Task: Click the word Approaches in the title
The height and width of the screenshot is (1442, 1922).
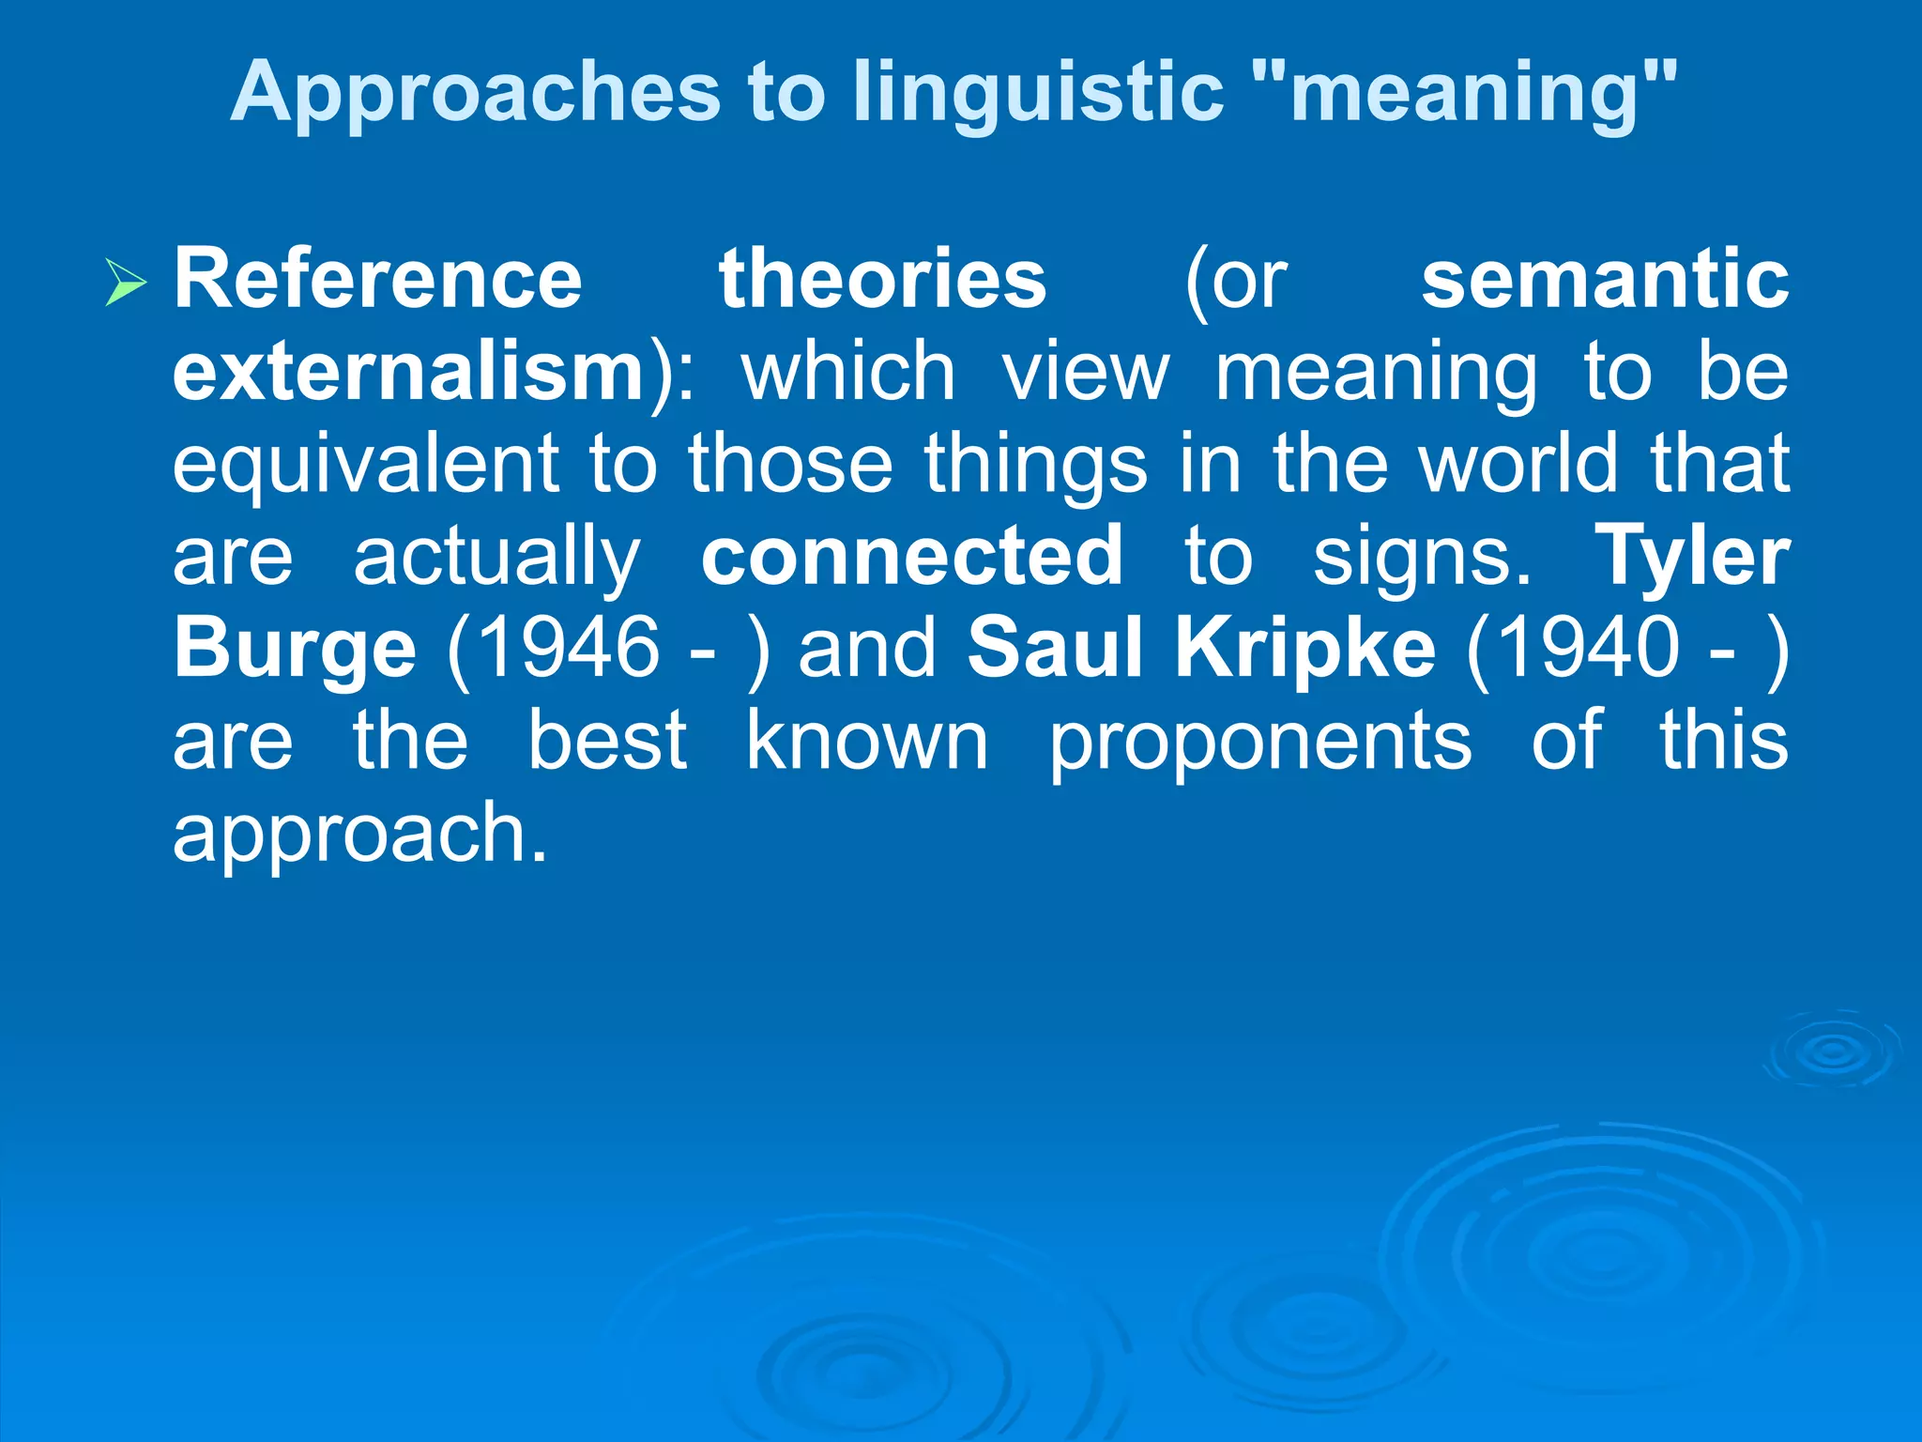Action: pyautogui.click(x=475, y=93)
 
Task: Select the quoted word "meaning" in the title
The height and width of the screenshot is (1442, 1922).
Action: pyautogui.click(x=1464, y=91)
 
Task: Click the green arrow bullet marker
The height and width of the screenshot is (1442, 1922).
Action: pyautogui.click(x=126, y=282)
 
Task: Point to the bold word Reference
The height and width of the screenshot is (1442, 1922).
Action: pyautogui.click(x=377, y=279)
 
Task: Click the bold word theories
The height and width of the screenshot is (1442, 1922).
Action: pyautogui.click(x=882, y=279)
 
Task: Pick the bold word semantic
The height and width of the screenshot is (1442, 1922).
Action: pyautogui.click(x=1605, y=279)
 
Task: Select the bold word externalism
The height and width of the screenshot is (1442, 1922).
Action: pyautogui.click(x=409, y=372)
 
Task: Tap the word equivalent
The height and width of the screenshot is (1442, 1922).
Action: pyautogui.click(x=367, y=464)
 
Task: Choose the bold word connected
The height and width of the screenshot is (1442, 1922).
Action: pyautogui.click(x=911, y=556)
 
